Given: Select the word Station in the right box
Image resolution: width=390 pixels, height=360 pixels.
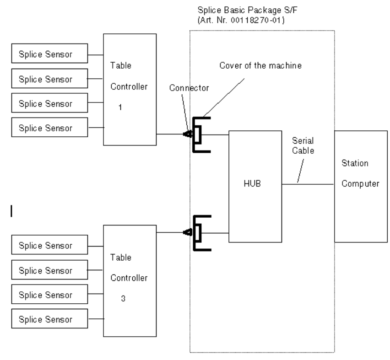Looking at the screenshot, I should tap(353, 163).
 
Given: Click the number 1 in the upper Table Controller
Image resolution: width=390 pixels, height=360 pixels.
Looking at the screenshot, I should tap(119, 109).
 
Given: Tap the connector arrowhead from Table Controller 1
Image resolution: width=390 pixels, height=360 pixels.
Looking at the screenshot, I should tap(187, 134).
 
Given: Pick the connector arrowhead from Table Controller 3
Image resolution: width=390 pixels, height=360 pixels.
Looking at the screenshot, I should tap(187, 232).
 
